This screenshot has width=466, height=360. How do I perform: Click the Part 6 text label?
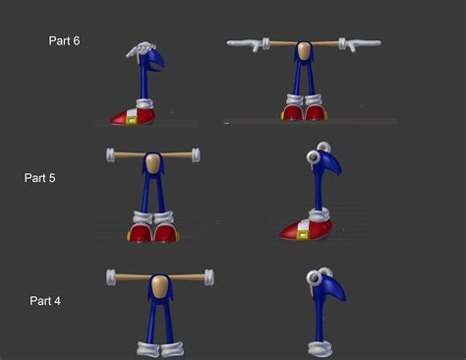64,41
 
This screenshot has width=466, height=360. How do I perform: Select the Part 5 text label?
39,178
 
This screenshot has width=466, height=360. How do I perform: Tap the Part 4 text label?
45,300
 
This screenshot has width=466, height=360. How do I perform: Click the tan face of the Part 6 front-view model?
304,49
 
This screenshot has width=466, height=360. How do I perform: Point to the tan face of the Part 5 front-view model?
153,162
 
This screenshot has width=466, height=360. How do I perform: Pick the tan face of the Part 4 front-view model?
159,286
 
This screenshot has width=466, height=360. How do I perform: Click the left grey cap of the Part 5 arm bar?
110,154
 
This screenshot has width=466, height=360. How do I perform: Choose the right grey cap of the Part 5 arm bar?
196,154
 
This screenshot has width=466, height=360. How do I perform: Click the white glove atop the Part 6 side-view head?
140,49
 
